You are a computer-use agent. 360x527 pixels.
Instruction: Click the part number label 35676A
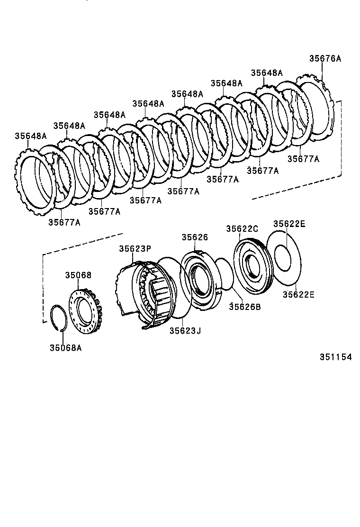pos(325,59)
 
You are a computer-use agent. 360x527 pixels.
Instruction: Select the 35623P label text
pos(135,248)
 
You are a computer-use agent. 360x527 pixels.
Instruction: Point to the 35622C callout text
pos(242,228)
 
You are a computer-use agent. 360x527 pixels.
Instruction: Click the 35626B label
pos(245,307)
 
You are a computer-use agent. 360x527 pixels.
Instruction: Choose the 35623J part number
pos(185,331)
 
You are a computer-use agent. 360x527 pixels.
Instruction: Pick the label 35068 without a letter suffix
pos(78,275)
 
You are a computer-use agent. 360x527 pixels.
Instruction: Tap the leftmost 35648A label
pos(30,136)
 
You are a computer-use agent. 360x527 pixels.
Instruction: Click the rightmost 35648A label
pos(266,73)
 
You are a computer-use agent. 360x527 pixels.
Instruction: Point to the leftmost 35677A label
pos(64,222)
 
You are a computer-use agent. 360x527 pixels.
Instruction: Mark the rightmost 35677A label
pos(303,159)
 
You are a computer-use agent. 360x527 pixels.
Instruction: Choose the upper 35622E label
pos(289,224)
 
